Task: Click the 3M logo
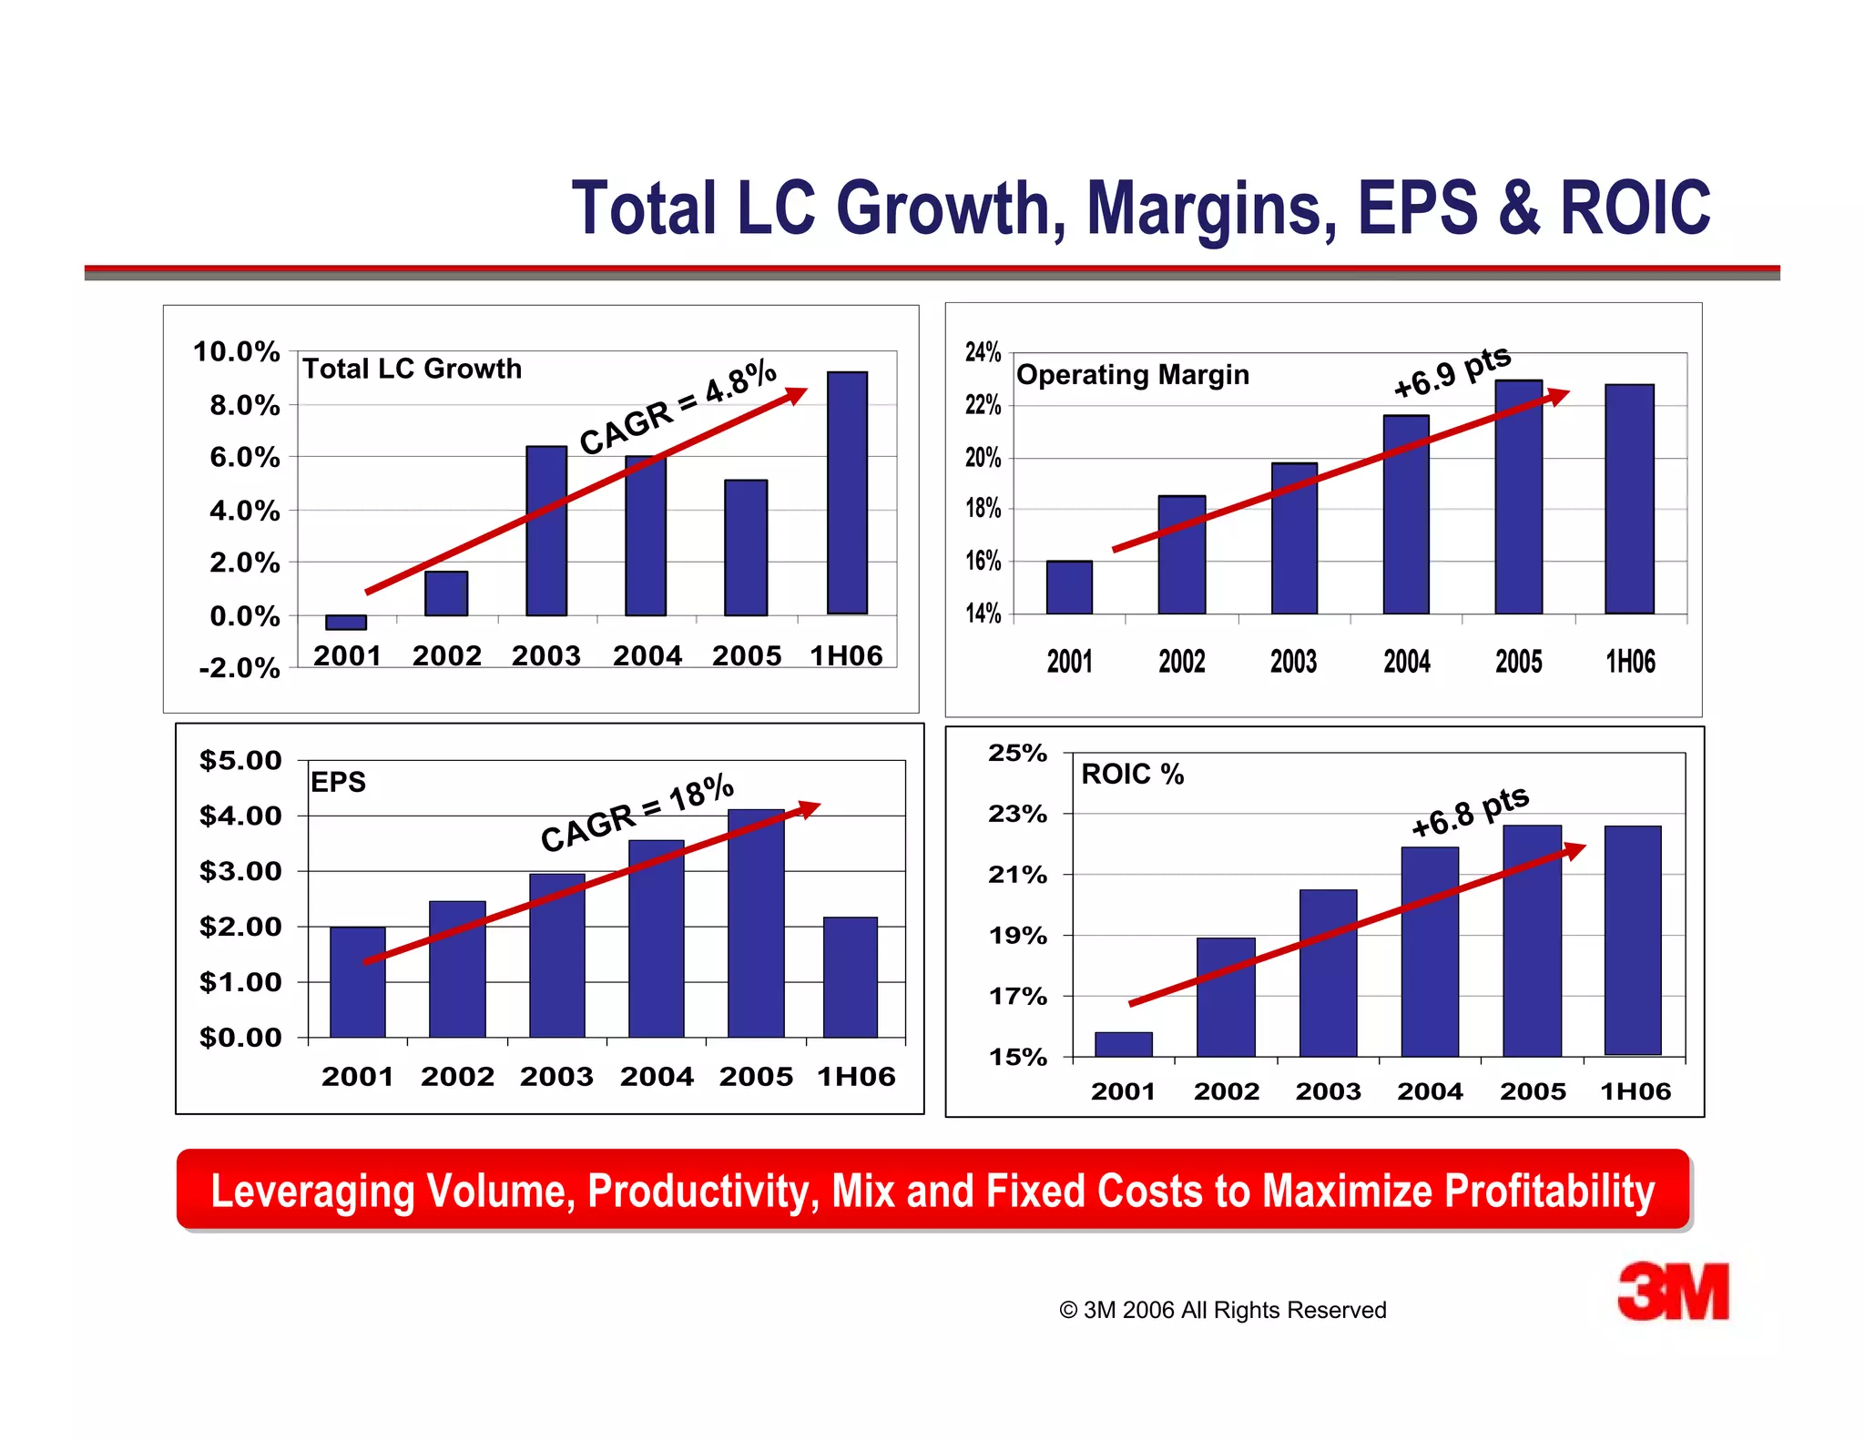[1673, 1292]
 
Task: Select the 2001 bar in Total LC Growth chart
[346, 623]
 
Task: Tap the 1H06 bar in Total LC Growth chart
[847, 492]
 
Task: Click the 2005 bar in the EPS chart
[756, 923]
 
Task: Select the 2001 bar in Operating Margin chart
[1069, 587]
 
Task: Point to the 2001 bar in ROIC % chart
[1123, 1044]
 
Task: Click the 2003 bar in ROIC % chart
[1328, 973]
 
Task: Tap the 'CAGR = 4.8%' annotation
[678, 407]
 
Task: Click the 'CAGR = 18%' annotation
[637, 812]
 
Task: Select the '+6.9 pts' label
[1452, 371]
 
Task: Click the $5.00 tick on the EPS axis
[240, 761]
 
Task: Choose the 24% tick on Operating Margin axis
[983, 352]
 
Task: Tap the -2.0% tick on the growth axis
[239, 668]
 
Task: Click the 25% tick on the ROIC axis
[1017, 754]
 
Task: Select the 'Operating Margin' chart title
[1132, 375]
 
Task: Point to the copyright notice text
[1222, 1310]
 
